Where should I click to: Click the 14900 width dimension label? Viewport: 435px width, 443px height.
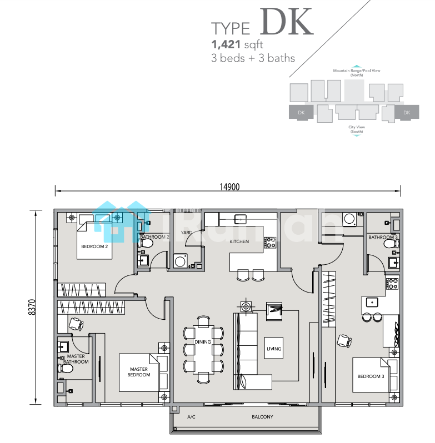tap(229, 187)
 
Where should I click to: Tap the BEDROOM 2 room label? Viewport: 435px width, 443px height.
tap(94, 246)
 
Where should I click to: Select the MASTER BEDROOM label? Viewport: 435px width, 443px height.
tap(138, 372)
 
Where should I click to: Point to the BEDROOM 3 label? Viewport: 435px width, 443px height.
tap(371, 376)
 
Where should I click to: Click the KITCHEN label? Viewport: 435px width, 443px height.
tap(239, 241)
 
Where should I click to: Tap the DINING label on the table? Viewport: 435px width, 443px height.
tap(203, 342)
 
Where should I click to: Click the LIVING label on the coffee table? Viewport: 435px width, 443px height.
tap(274, 349)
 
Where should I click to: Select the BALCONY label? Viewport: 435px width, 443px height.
tap(262, 417)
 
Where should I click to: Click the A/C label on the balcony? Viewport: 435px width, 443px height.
tap(191, 417)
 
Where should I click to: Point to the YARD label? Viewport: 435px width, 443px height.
tap(187, 233)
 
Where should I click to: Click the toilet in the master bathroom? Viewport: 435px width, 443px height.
tap(65, 368)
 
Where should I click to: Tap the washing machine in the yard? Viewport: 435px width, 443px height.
tap(180, 261)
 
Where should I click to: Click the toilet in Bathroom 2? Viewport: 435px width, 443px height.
tap(146, 243)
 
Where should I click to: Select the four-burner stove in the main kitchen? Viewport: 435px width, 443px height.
tap(270, 243)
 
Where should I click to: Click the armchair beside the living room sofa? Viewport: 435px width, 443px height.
tap(274, 311)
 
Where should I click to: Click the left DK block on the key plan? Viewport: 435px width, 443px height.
tap(301, 112)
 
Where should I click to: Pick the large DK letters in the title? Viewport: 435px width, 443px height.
tap(286, 22)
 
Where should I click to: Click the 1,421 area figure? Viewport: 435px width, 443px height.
tap(226, 44)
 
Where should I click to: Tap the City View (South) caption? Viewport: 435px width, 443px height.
tap(357, 129)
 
